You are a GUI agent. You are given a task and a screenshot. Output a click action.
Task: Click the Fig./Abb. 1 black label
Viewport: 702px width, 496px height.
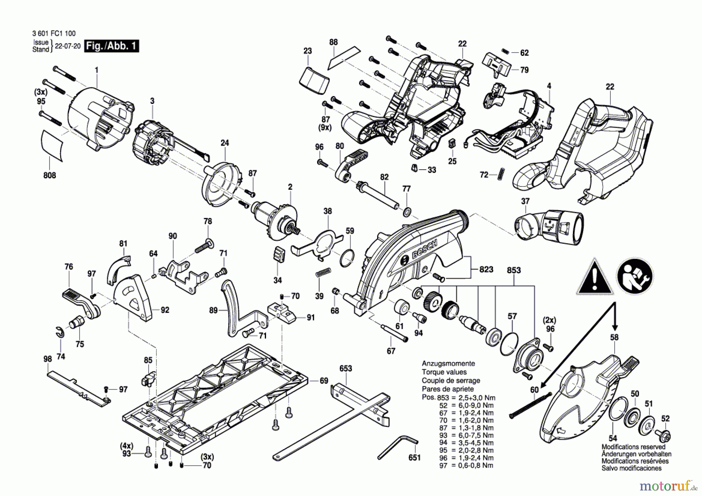pos(112,46)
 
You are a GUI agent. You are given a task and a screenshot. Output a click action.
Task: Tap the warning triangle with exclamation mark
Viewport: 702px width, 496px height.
pos(594,277)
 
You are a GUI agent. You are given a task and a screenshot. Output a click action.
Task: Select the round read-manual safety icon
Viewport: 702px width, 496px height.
pos(635,276)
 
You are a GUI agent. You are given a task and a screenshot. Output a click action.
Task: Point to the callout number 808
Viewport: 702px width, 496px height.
pos(50,175)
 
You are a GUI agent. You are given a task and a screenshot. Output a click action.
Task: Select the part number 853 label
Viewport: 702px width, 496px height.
pos(514,270)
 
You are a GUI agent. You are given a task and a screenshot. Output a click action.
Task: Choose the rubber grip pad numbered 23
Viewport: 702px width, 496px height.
pos(314,81)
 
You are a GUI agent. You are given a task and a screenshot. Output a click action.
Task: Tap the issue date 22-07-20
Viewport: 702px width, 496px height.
pos(67,46)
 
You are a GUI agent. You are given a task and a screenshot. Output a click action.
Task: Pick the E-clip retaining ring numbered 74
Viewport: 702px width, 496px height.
pos(58,332)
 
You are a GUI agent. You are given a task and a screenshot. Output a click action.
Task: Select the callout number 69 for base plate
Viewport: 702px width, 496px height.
pos(324,381)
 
